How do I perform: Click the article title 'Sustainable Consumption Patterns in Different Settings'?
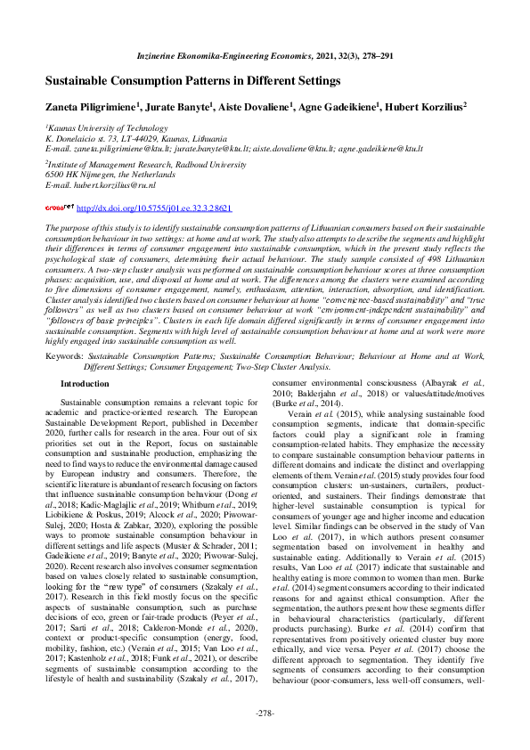coord(192,80)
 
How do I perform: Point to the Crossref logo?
coord(60,208)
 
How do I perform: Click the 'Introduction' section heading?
coord(85,384)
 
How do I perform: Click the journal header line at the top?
coord(265,56)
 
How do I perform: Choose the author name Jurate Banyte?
coord(182,107)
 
